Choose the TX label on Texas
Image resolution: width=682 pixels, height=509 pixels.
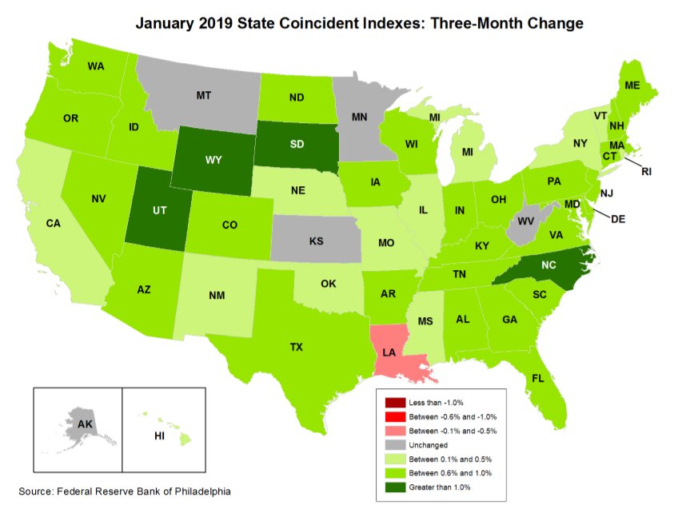coord(296,347)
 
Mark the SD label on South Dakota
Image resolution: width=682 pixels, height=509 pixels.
coord(297,145)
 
